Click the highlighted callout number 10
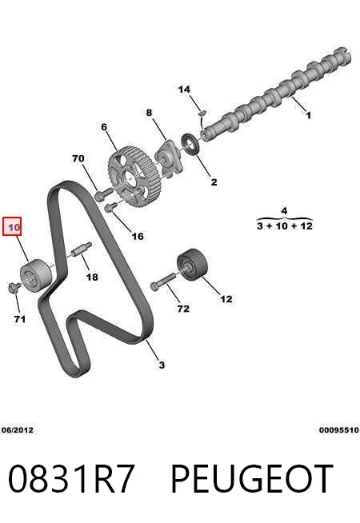click(14, 227)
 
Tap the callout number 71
click(20, 319)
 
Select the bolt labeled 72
click(162, 281)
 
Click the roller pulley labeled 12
click(192, 264)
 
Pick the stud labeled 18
click(82, 250)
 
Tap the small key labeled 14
click(202, 113)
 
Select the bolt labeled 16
click(110, 207)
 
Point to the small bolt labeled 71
click(13, 288)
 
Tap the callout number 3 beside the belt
click(162, 365)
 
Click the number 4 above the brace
click(284, 211)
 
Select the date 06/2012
click(18, 430)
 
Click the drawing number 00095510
click(338, 430)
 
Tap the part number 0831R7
click(71, 479)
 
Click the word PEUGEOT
click(252, 479)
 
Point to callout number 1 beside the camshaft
click(309, 115)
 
